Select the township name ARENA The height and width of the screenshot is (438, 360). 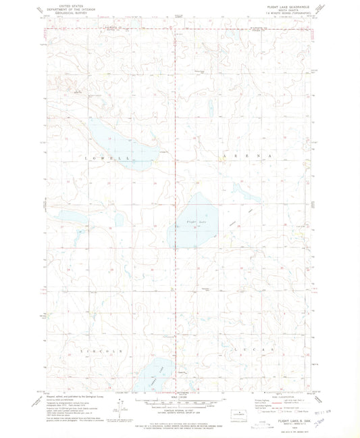[247, 156]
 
